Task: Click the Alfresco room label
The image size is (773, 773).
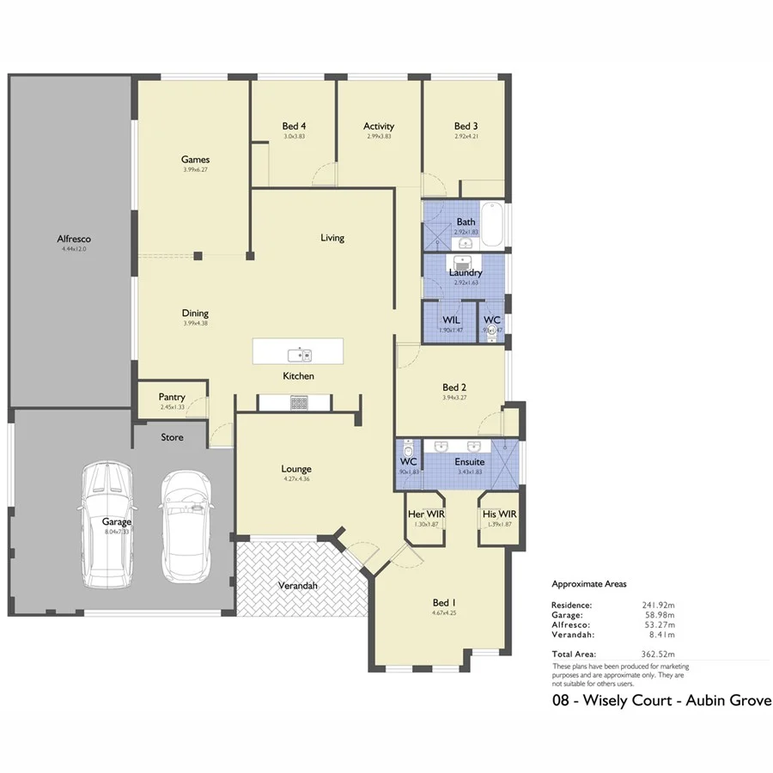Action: point(74,239)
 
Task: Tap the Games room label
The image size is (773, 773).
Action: point(195,159)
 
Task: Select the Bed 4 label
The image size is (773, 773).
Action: point(294,126)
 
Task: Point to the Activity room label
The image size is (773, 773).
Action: point(379,126)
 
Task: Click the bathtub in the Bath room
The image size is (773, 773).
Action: point(492,222)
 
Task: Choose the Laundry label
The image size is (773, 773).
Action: point(466,273)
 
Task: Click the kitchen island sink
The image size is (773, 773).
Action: point(300,353)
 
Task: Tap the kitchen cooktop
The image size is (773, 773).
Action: point(299,402)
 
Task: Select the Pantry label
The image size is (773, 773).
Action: point(172,397)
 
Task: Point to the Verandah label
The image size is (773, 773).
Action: point(298,586)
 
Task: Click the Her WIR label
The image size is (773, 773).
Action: point(424,514)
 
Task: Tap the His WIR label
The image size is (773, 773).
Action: point(499,514)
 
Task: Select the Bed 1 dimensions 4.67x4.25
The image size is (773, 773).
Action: point(444,613)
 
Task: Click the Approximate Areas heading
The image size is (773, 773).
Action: point(588,584)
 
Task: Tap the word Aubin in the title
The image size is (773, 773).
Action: point(697,701)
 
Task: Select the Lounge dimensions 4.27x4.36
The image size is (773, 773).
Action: point(295,480)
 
